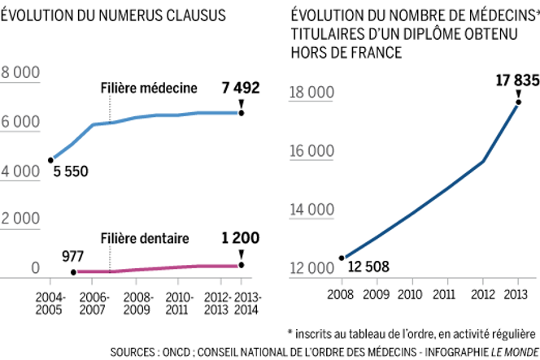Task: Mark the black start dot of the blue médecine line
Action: [x=51, y=159]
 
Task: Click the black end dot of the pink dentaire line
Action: [x=241, y=264]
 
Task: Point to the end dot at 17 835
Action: [x=518, y=101]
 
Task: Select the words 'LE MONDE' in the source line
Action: [x=511, y=352]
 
